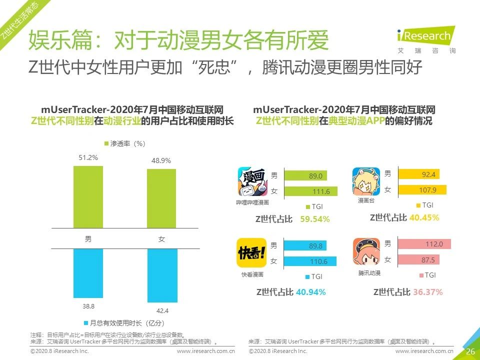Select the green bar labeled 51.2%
88,197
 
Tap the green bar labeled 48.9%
161,198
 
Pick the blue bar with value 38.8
88,272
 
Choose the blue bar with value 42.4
161,275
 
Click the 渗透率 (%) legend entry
124,143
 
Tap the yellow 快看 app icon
251,253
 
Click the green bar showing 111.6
310,191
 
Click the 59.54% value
315,219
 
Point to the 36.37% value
427,292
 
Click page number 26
470,351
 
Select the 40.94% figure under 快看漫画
310,292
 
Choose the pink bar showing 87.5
416,260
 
